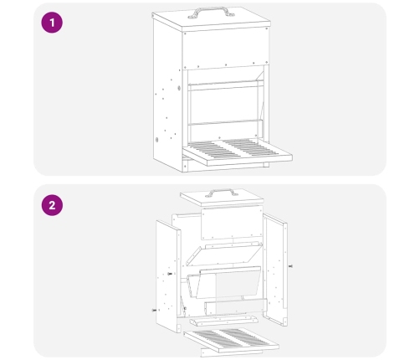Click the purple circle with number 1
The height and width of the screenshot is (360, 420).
pos(52,23)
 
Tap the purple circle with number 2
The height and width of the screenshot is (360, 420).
pos(52,205)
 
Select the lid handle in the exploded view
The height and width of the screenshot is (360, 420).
pos(222,192)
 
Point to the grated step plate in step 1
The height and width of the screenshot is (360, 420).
pos(238,152)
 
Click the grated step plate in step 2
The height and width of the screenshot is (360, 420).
pos(231,338)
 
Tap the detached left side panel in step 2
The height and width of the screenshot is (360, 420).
pos(168,276)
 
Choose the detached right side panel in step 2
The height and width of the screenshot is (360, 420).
pos(275,270)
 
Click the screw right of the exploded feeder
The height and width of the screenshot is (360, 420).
pos(290,266)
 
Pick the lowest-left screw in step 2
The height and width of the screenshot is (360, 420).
pos(154,311)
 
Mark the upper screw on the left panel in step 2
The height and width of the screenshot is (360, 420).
pos(170,274)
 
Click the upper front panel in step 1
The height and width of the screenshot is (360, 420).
pos(226,48)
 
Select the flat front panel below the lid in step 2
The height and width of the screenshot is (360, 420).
pos(232,223)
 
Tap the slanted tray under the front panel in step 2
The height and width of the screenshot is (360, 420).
pos(224,254)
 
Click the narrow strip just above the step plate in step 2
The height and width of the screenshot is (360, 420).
pos(223,321)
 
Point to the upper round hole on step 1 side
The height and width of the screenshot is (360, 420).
pos(179,88)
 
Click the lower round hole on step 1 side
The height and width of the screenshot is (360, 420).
pos(156,140)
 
